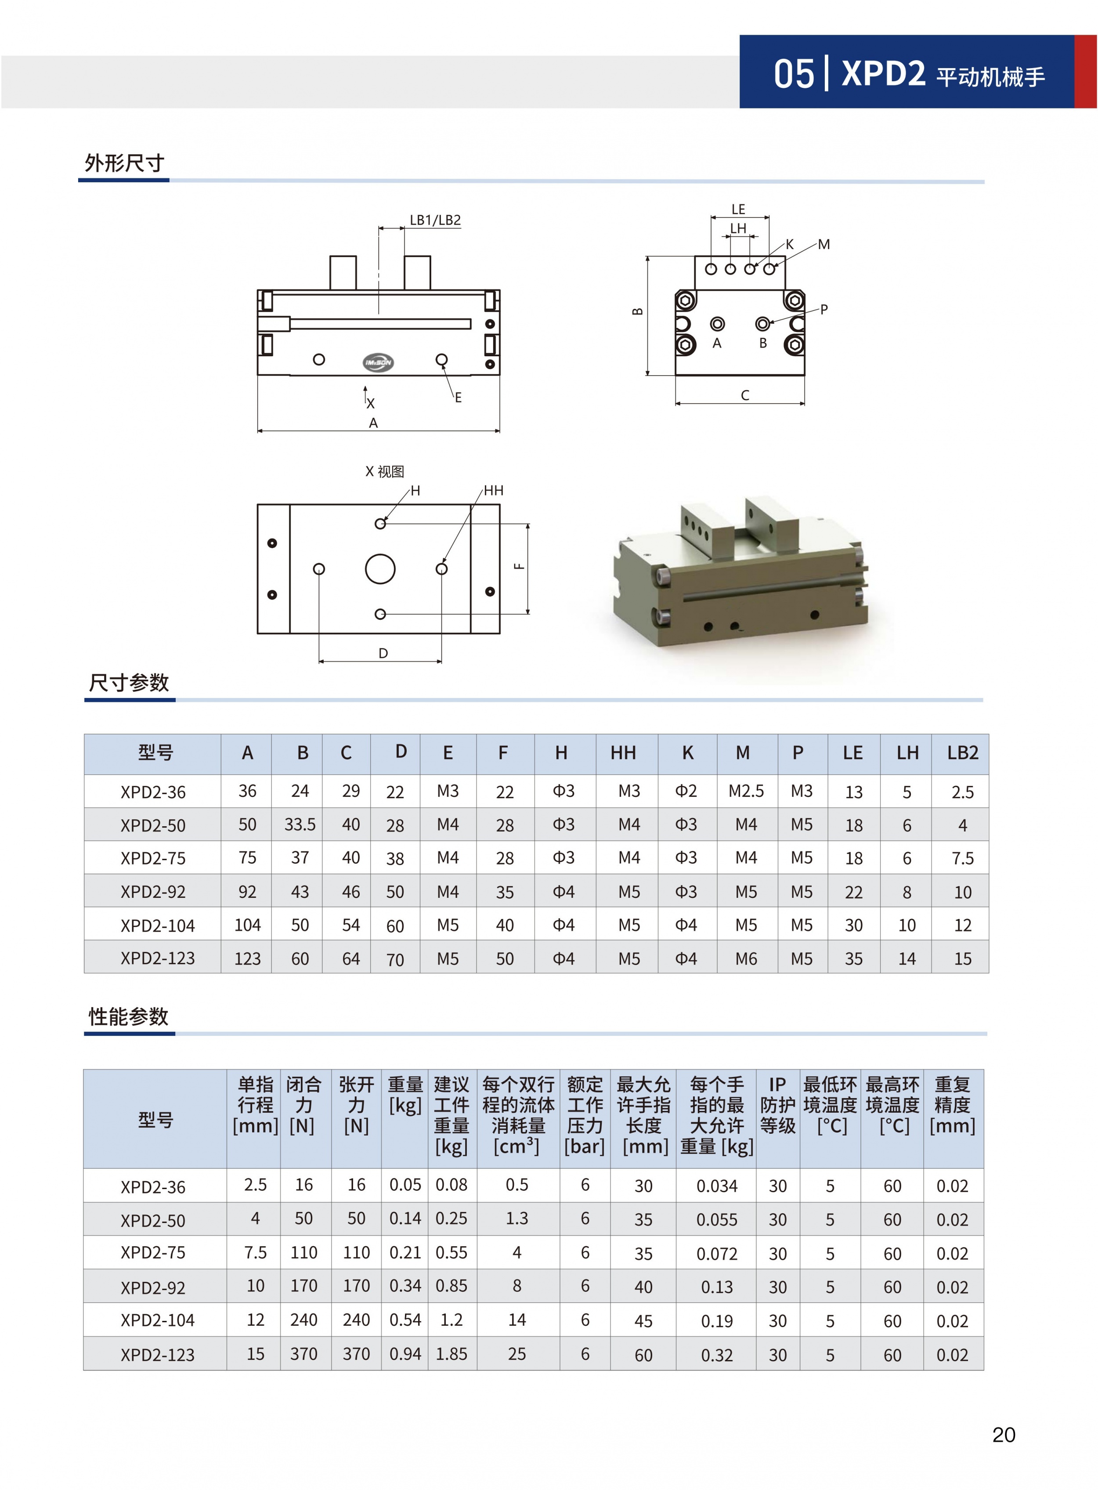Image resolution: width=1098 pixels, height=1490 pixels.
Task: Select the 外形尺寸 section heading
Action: coord(124,163)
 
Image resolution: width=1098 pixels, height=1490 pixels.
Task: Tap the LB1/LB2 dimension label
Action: coord(435,220)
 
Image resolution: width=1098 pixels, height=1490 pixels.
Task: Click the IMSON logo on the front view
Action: coord(378,362)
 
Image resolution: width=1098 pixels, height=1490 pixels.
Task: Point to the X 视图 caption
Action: coord(385,471)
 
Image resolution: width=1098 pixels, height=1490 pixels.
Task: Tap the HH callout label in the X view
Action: coord(493,491)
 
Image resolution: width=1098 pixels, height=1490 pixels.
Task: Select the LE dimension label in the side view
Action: coord(738,210)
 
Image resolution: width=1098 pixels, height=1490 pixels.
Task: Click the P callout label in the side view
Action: coord(824,309)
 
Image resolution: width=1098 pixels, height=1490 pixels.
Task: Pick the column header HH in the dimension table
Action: coord(623,753)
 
